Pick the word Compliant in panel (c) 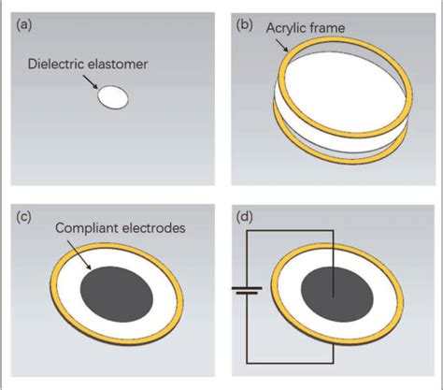pos(85,227)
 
